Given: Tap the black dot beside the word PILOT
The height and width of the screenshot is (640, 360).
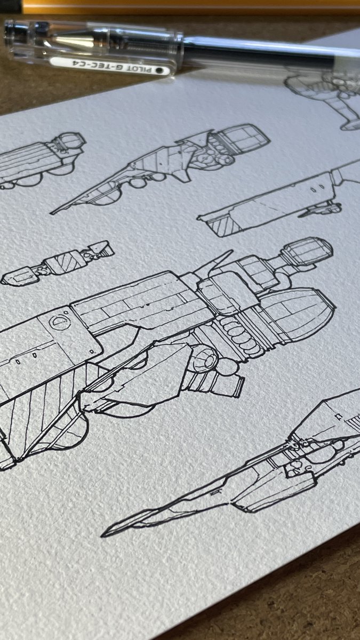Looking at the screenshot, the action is pyautogui.click(x=158, y=70).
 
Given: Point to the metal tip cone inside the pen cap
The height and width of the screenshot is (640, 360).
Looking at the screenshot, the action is pyautogui.click(x=74, y=41).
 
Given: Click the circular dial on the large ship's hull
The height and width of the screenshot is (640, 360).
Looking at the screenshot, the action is pyautogui.click(x=60, y=322).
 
